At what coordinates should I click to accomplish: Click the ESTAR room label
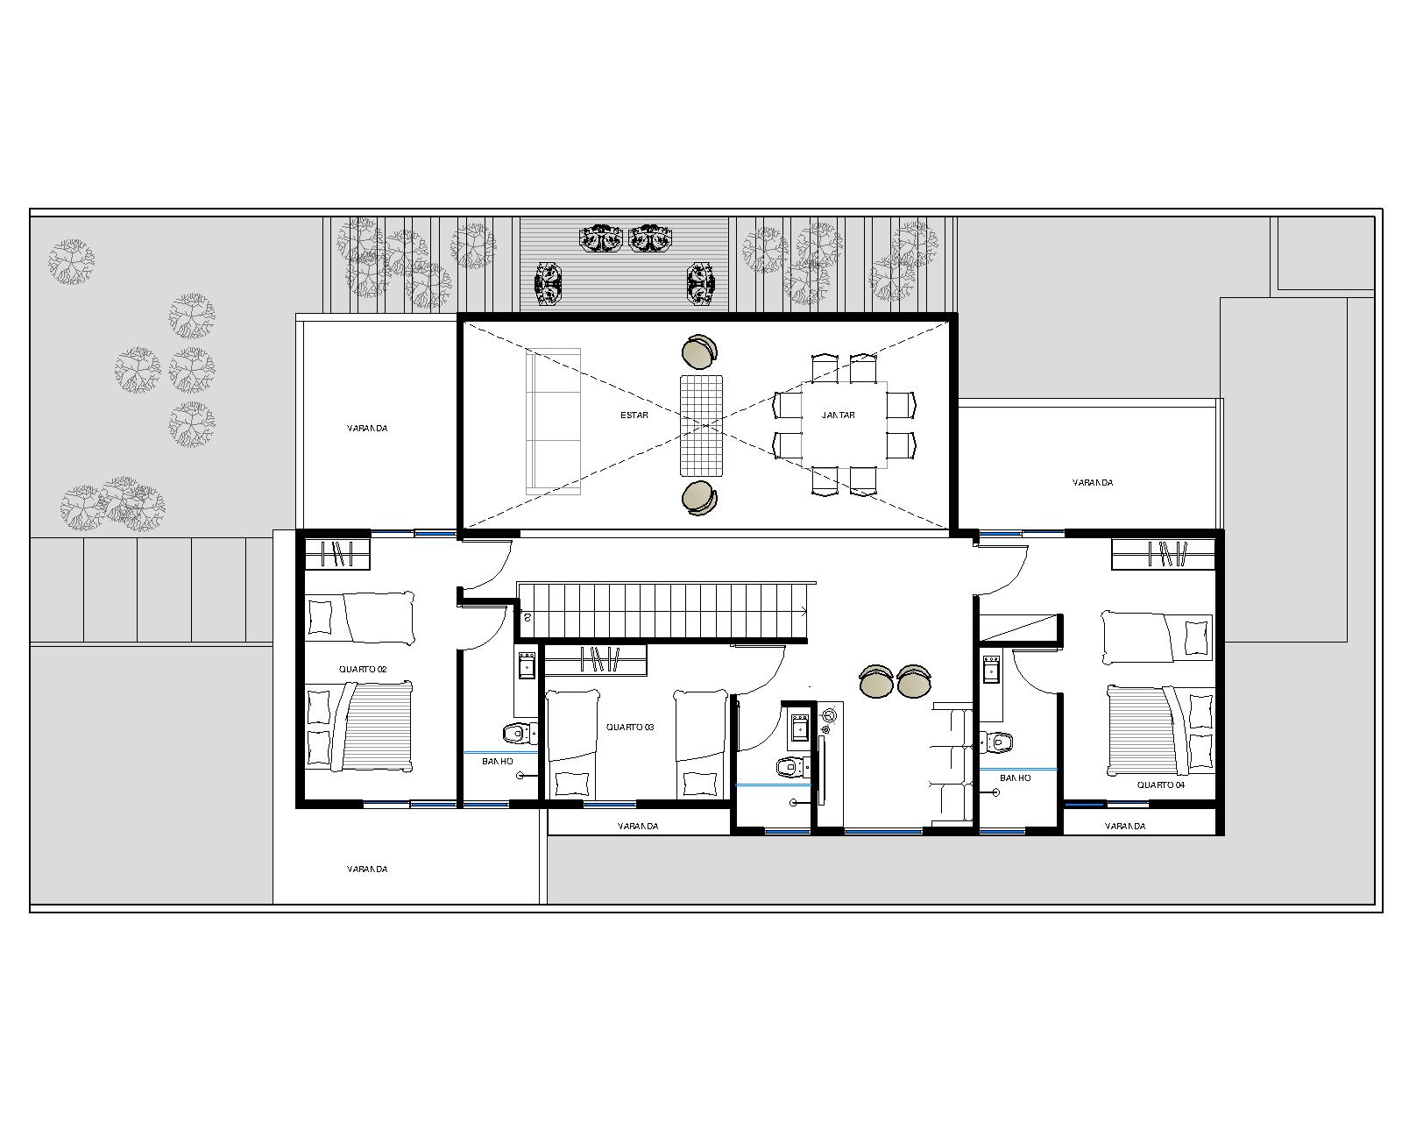tap(634, 415)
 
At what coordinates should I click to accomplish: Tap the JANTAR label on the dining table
tap(838, 415)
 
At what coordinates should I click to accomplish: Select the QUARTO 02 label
tap(363, 670)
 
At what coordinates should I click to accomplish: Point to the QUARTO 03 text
tap(630, 727)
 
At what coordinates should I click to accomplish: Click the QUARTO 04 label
tap(1161, 785)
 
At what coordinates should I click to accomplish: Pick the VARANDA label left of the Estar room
tap(367, 429)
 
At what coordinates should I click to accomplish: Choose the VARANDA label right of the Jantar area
tap(1093, 482)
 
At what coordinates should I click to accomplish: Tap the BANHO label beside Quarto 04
tap(1015, 778)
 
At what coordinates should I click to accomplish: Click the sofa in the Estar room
tap(553, 421)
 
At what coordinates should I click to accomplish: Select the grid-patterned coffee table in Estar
tap(702, 425)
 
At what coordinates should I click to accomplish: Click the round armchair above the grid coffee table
tap(700, 352)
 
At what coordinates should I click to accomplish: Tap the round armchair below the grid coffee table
tap(700, 498)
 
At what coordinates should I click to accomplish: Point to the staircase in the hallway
tap(664, 610)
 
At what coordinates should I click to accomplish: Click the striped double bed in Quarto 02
tap(359, 727)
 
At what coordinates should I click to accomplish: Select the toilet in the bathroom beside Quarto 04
tap(997, 742)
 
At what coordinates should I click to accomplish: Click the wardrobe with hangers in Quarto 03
tap(596, 660)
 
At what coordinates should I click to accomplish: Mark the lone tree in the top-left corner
tap(72, 262)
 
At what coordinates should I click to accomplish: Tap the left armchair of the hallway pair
tap(876, 681)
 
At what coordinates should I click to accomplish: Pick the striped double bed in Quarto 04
tap(1160, 730)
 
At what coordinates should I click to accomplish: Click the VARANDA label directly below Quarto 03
tap(638, 826)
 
